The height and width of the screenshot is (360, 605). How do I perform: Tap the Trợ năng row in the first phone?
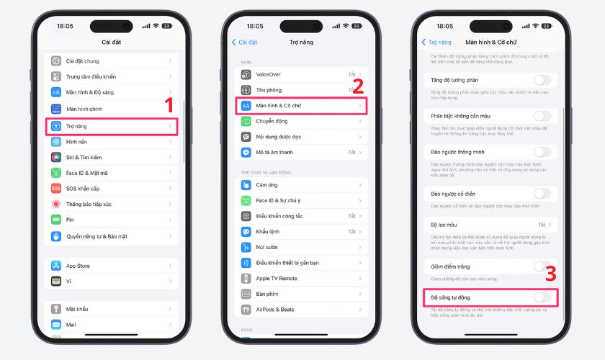point(111,126)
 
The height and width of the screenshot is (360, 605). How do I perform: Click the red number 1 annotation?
point(170,105)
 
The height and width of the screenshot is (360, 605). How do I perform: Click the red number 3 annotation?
point(550,274)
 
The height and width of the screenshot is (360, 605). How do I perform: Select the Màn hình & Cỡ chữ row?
point(302,106)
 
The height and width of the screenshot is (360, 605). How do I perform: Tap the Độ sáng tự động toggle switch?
point(542,297)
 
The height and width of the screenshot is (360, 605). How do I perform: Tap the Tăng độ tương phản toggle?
point(542,80)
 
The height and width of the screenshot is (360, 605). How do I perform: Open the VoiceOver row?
point(302,74)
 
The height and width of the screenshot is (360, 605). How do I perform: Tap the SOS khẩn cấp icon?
point(56,189)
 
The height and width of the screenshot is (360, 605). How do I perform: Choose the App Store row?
point(111,266)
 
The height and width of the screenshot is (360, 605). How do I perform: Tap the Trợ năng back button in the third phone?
point(436,42)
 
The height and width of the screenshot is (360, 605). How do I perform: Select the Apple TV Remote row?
point(302,278)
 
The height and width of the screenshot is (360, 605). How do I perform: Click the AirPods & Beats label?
point(275,310)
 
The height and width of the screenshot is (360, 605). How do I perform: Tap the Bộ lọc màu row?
point(487,225)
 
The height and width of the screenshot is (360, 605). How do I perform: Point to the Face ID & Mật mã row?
point(111,173)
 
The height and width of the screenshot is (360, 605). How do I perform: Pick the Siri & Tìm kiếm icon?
point(56,157)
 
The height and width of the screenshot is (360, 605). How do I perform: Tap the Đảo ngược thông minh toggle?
point(542,152)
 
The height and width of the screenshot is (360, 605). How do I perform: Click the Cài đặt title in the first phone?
point(111,42)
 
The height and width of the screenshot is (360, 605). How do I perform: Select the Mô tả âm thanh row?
point(302,153)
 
